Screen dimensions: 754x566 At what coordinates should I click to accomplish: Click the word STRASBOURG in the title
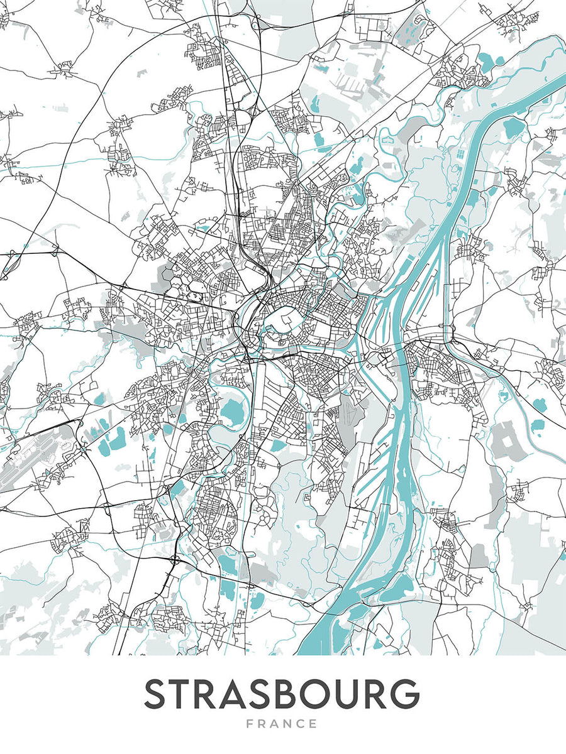point(282,694)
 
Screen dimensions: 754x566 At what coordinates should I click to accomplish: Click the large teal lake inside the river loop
point(233,413)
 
